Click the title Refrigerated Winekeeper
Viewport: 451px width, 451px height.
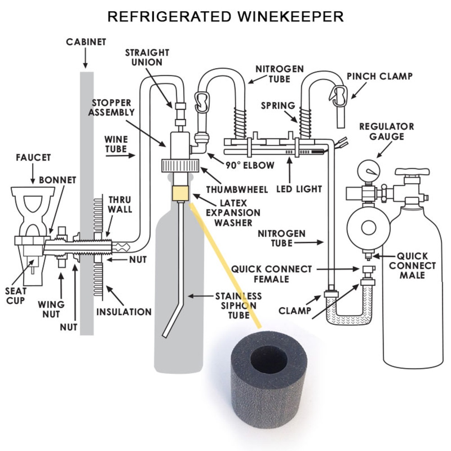click(225, 17)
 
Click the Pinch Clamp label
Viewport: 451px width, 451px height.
click(379, 76)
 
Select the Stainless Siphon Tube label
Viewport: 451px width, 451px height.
click(238, 305)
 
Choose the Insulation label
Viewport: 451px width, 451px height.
click(124, 311)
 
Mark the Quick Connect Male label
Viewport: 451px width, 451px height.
click(412, 265)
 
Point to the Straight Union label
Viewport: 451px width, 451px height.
click(147, 57)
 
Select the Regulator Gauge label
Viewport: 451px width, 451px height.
click(386, 131)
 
